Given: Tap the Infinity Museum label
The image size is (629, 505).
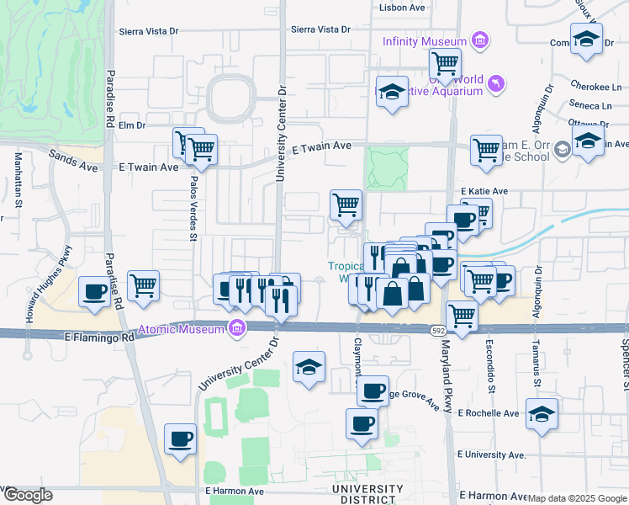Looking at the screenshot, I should click(424, 41).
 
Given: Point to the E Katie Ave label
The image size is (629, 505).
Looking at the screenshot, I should click(484, 192).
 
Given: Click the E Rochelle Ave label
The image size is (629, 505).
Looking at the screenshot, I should click(489, 413).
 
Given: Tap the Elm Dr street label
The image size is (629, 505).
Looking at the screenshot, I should click(132, 125).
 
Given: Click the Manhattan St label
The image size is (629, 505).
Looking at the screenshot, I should click(17, 178).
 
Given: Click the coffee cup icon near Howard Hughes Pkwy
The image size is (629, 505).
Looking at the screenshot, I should click(94, 292).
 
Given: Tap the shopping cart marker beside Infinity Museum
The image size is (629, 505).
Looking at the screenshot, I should click(445, 62).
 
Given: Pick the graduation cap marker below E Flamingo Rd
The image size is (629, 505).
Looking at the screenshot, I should click(309, 367).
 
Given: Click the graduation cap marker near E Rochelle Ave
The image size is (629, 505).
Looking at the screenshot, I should click(542, 414).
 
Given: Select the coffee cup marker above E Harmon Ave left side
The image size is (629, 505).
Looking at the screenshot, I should click(181, 439).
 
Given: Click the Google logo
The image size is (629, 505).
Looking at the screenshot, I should click(27, 495).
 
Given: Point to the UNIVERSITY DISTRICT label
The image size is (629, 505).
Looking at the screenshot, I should click(367, 493).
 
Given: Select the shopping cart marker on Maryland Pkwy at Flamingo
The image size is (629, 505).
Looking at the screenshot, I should click(462, 316).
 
